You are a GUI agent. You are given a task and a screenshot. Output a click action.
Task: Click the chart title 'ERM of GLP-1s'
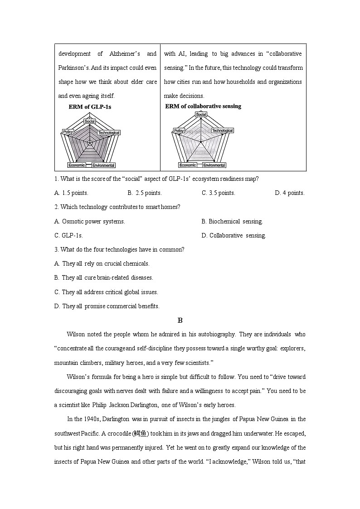pyautogui.click(x=90, y=107)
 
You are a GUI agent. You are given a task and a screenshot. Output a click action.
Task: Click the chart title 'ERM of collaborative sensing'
pyautogui.click(x=203, y=106)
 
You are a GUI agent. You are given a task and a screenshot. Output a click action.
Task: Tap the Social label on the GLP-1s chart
pyautogui.click(x=89, y=121)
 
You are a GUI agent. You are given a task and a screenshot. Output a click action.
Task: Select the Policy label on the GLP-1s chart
pyautogui.click(x=68, y=132)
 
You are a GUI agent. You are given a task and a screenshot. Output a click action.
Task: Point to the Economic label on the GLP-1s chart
pyautogui.click(x=77, y=165)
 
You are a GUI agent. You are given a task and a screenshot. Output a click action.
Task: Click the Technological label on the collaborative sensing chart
pyautogui.click(x=222, y=131)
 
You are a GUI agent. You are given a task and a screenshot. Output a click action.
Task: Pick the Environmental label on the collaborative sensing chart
pyautogui.click(x=214, y=165)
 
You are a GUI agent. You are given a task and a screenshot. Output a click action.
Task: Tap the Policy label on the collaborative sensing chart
pyautogui.click(x=179, y=131)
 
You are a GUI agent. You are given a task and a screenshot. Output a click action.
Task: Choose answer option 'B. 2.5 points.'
pyautogui.click(x=145, y=193)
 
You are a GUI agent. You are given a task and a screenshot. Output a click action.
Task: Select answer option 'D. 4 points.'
pyautogui.click(x=290, y=193)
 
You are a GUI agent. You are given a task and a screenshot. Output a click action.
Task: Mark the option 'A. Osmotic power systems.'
pyautogui.click(x=89, y=221)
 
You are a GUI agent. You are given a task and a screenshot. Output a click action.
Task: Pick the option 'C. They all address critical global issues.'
pyautogui.click(x=106, y=292)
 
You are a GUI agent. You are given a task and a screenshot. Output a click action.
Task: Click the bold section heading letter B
pyautogui.click(x=180, y=320)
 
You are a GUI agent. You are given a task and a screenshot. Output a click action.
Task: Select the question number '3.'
pyautogui.click(x=56, y=249)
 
